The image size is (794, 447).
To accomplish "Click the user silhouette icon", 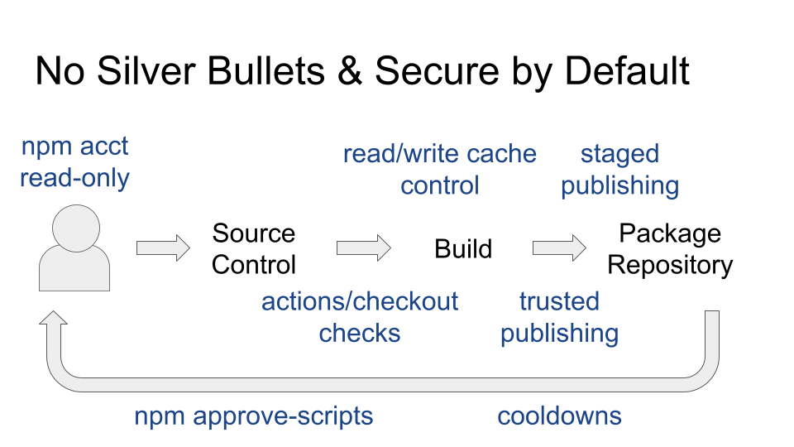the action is pyautogui.click(x=74, y=248).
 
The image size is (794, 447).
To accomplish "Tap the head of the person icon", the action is pyautogui.click(x=76, y=228).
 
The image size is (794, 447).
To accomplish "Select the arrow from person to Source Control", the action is pyautogui.click(x=163, y=248).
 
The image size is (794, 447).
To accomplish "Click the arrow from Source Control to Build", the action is pyautogui.click(x=364, y=248).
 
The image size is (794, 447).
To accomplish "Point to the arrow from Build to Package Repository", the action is pyautogui.click(x=559, y=248).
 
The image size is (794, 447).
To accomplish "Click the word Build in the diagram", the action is pyautogui.click(x=463, y=249).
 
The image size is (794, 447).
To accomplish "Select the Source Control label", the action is pyautogui.click(x=254, y=249).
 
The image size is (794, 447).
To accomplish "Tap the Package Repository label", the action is pyautogui.click(x=670, y=249).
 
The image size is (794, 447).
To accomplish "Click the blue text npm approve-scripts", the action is pyautogui.click(x=254, y=416).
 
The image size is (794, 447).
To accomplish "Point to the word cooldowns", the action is pyautogui.click(x=560, y=416).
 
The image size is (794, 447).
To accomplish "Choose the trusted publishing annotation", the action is pyautogui.click(x=560, y=317).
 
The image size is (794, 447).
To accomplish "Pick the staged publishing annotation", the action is pyautogui.click(x=619, y=169).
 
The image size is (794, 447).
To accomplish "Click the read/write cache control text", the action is pyautogui.click(x=439, y=169).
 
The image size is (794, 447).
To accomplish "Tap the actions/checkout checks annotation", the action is pyautogui.click(x=360, y=317).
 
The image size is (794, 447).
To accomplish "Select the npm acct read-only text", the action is pyautogui.click(x=74, y=162).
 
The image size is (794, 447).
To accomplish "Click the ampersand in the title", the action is pyautogui.click(x=349, y=71).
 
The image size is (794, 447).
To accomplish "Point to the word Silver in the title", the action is pyautogui.click(x=146, y=70).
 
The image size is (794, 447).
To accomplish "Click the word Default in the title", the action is pyautogui.click(x=627, y=70).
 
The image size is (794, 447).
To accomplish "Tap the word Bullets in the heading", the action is pyautogui.click(x=265, y=70).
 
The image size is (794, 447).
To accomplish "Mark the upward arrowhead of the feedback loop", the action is pyautogui.click(x=53, y=317).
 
